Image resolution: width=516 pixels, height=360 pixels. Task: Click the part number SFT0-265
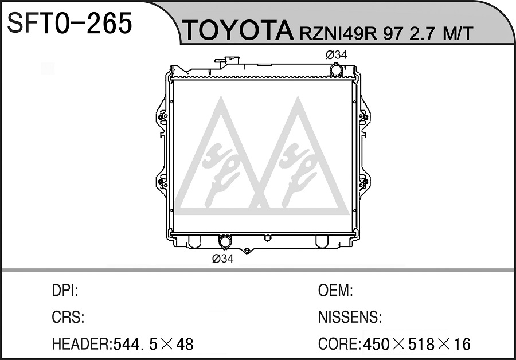tap(69, 23)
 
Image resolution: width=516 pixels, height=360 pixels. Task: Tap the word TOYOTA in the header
tap(237, 31)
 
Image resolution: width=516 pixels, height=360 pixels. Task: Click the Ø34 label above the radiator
tap(337, 54)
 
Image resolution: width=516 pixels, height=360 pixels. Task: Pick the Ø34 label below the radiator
tap(223, 259)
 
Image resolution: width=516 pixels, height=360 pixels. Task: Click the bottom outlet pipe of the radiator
tap(225, 241)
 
